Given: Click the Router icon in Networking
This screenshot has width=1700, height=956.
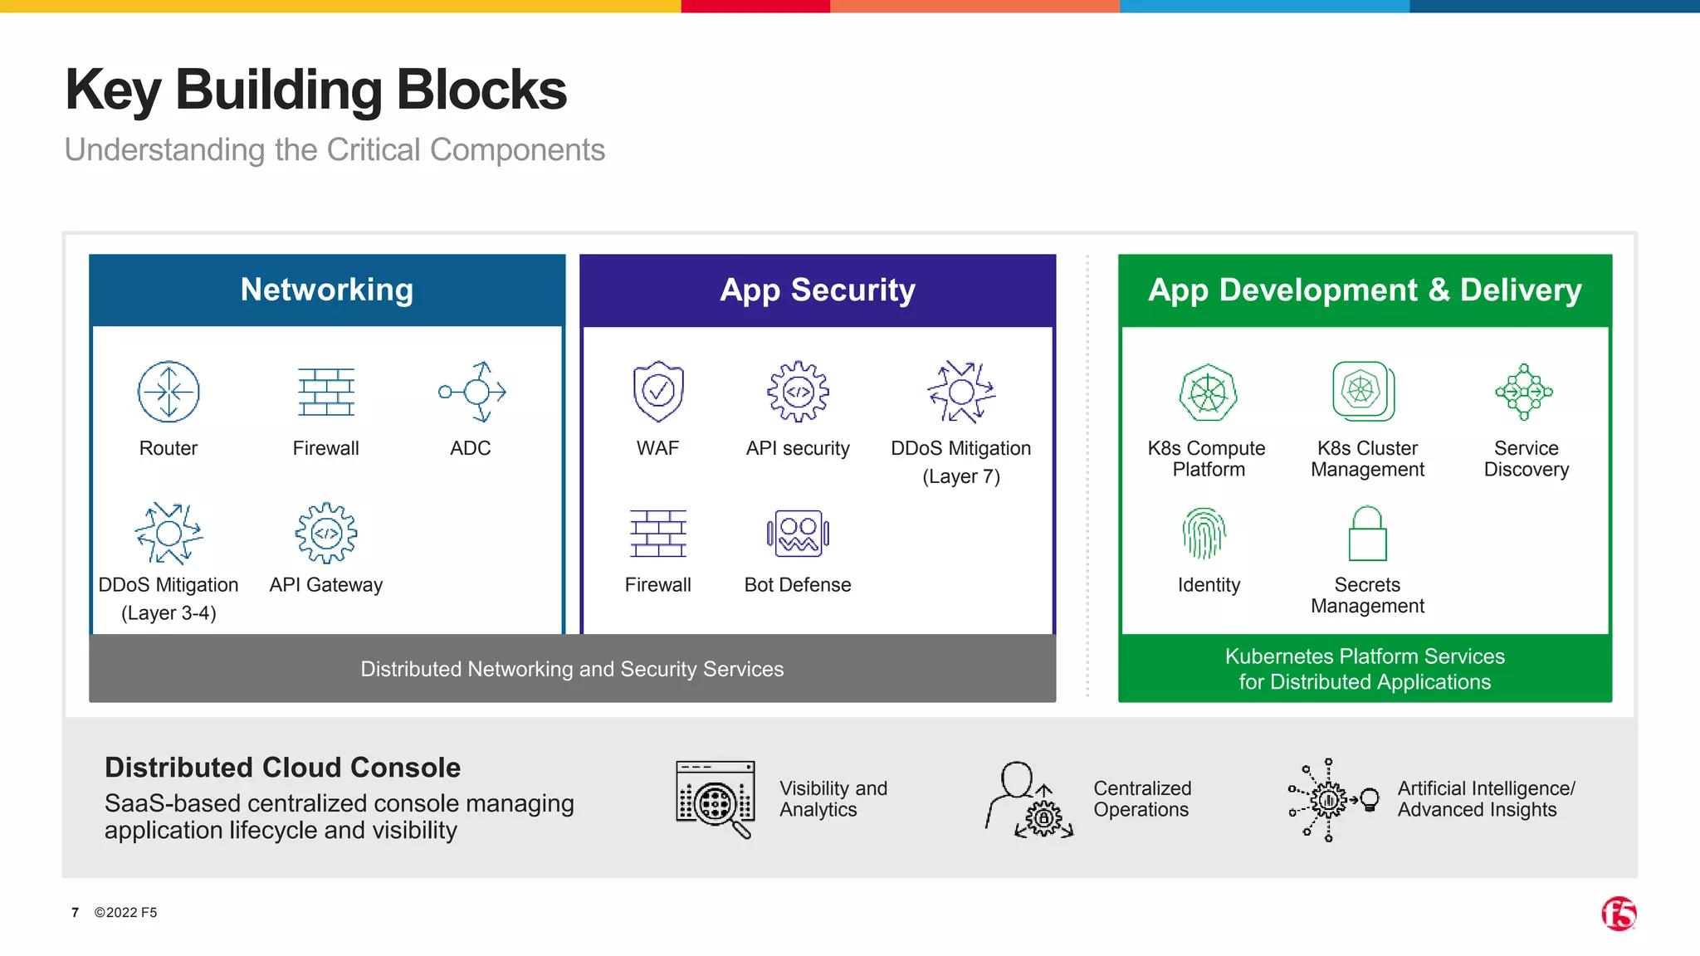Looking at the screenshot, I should tap(169, 392).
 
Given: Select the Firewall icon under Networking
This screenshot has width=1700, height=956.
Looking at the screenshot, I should tap(326, 392).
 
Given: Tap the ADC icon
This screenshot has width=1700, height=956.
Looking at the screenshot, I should tap(472, 392).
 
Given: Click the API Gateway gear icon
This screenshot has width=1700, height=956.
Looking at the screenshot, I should tap(326, 533).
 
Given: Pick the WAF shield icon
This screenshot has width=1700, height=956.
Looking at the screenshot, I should tap(658, 391).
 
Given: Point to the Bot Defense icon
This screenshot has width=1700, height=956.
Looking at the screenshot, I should tap(798, 534).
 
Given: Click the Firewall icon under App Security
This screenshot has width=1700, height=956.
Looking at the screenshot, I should tap(658, 534).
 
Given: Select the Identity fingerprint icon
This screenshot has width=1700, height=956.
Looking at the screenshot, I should tap(1204, 533).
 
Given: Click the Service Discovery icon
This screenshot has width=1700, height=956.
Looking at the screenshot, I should tap(1524, 392).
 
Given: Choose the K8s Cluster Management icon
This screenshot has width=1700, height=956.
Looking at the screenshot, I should tap(1363, 391).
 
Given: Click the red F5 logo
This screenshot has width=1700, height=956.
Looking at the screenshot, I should tap(1619, 914).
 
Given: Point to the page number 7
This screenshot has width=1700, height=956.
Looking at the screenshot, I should tap(75, 913).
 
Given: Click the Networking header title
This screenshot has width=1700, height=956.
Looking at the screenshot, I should tap(327, 290).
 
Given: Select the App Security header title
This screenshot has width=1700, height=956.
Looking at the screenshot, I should tap(818, 290).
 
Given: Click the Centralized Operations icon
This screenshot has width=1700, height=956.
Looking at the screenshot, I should tap(1029, 801).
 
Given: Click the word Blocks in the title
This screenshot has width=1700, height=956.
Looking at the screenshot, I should tap(481, 90).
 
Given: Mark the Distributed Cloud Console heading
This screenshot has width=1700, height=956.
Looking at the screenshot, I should tap(282, 768).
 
